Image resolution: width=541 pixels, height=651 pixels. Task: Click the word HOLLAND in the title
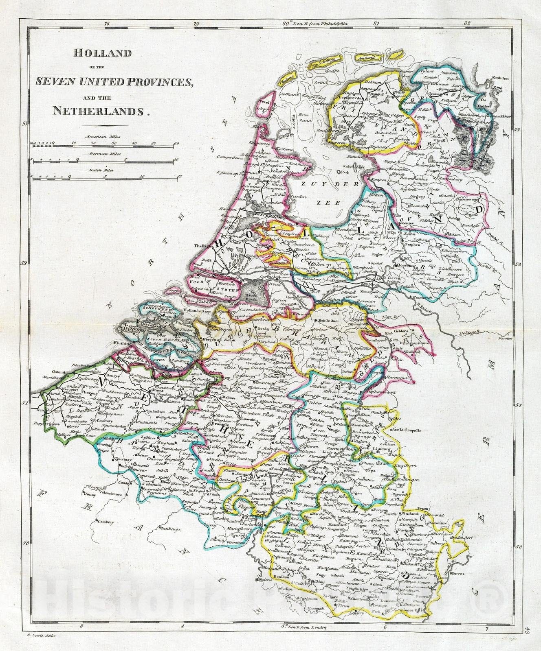tap(97, 53)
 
